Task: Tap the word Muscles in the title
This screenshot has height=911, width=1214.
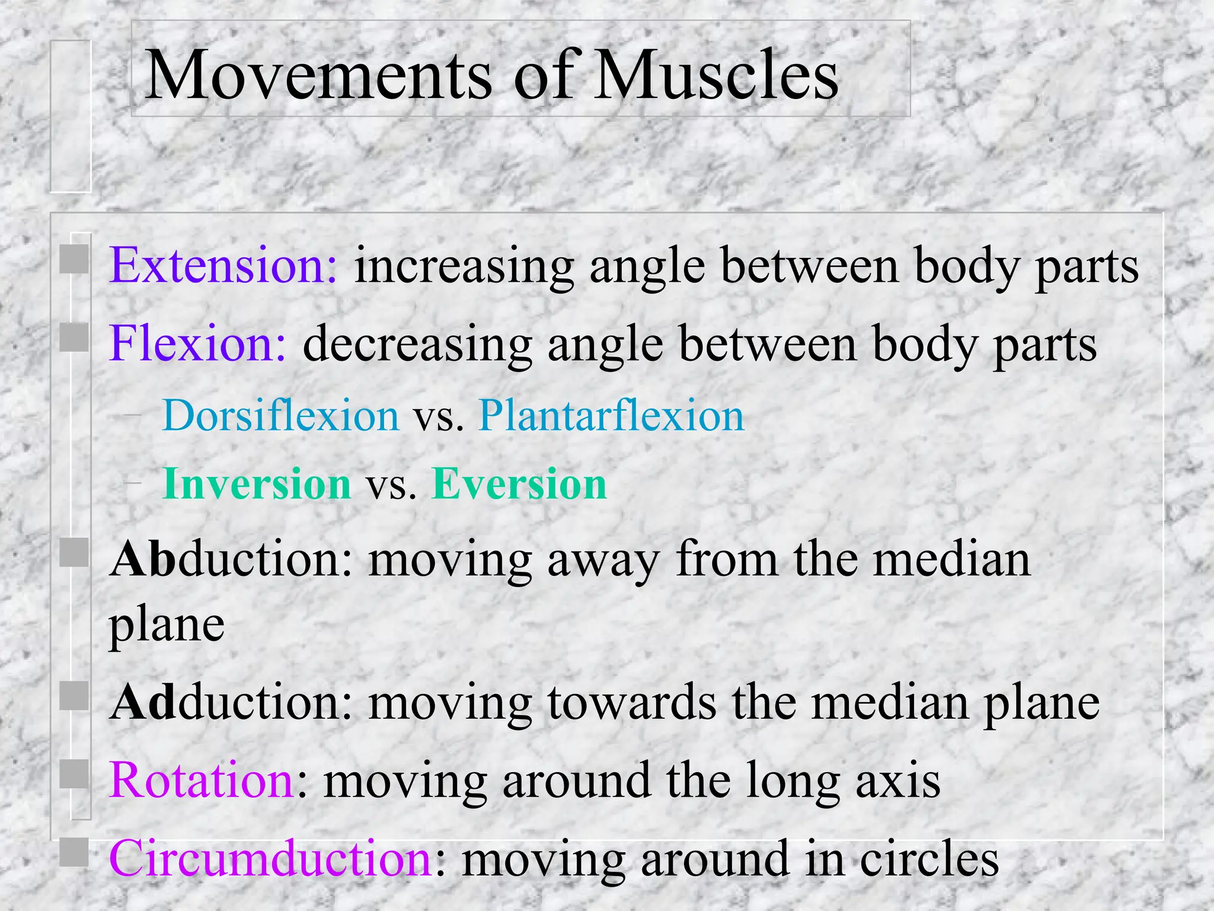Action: click(717, 75)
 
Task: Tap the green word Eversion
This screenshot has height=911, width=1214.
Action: click(520, 484)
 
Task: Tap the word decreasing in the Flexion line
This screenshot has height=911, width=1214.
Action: click(417, 345)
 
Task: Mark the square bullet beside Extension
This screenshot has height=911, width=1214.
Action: click(74, 259)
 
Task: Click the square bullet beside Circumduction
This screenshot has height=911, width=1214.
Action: click(74, 852)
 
